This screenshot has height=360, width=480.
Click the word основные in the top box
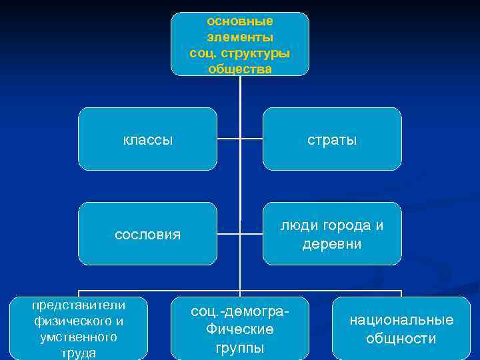(x=240, y=21)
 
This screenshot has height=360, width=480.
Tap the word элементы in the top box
(x=240, y=37)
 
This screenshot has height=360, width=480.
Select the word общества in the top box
(x=240, y=69)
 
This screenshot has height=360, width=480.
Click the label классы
(x=148, y=140)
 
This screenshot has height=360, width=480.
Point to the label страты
(x=332, y=140)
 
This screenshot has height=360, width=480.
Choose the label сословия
(x=148, y=235)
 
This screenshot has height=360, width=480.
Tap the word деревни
(x=332, y=244)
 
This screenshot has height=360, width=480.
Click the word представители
(x=79, y=305)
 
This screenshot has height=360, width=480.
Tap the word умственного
(x=79, y=337)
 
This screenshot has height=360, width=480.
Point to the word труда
(x=79, y=353)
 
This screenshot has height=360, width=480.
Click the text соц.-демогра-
(x=240, y=312)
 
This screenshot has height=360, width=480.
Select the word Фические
(x=240, y=329)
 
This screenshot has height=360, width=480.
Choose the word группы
(x=240, y=347)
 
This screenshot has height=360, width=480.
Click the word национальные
(x=401, y=320)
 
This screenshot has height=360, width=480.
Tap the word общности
(x=401, y=339)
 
